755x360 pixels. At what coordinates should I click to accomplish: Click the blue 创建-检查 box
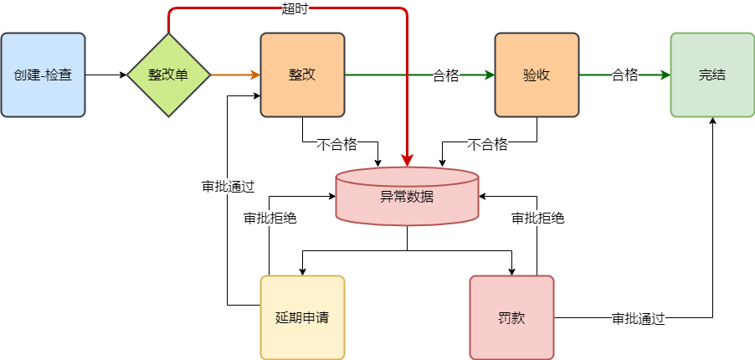click(x=43, y=75)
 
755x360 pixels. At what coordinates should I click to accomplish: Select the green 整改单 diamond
click(x=168, y=75)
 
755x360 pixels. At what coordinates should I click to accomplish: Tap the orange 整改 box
click(x=302, y=75)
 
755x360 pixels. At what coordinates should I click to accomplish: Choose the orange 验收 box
click(x=537, y=75)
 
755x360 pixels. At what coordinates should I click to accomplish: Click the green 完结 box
click(x=712, y=75)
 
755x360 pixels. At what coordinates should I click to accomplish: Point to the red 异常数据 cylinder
click(x=407, y=198)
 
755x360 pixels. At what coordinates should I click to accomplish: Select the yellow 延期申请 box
click(x=302, y=317)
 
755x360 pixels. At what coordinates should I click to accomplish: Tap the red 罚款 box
click(x=511, y=317)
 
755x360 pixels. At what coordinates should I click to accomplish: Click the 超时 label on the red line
click(x=295, y=9)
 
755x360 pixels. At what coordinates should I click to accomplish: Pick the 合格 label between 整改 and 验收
click(x=445, y=75)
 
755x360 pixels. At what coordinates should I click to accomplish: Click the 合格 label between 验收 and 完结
click(x=624, y=75)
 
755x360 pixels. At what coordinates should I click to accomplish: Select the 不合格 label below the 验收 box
click(x=487, y=144)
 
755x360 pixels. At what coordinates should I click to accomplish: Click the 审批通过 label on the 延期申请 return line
click(x=228, y=186)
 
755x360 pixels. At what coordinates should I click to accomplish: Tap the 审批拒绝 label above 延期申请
click(x=270, y=218)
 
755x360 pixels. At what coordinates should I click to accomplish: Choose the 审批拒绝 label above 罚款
click(x=537, y=218)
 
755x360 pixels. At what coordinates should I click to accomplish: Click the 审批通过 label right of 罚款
click(x=638, y=318)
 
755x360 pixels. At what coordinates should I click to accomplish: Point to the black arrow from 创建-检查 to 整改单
click(x=105, y=75)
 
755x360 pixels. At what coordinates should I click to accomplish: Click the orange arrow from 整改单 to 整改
click(x=234, y=75)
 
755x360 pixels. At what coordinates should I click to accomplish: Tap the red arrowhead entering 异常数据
click(x=408, y=161)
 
